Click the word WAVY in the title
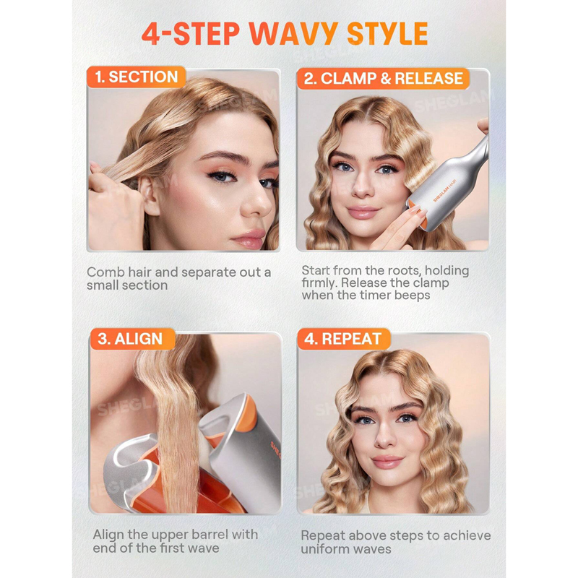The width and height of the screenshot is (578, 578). coord(293,33)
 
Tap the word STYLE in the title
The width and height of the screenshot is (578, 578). coord(387,33)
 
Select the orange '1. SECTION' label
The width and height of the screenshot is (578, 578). coord(136,77)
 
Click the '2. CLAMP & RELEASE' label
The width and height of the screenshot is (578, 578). coord(383,78)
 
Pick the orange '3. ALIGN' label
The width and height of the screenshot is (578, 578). coord(132,339)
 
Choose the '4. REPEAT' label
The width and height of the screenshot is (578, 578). coord(344,339)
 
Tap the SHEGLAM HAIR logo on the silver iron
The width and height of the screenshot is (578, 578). coord(445,191)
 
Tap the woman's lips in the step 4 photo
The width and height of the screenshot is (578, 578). coord(387,462)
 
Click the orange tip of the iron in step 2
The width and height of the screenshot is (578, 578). coord(420,215)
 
